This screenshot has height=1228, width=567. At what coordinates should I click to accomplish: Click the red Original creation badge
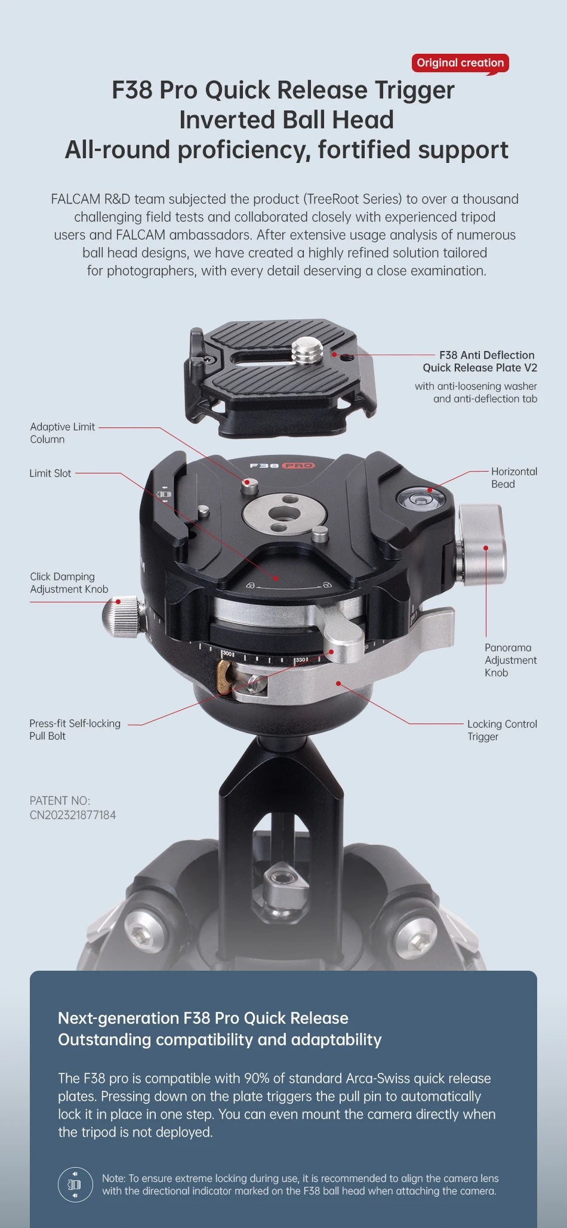pyautogui.click(x=460, y=63)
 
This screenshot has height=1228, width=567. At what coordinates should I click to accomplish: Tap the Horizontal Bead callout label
pyautogui.click(x=514, y=478)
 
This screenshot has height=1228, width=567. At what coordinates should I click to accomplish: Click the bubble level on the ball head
pyautogui.click(x=421, y=497)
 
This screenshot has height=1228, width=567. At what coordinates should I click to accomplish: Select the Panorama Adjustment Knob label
pyautogui.click(x=510, y=660)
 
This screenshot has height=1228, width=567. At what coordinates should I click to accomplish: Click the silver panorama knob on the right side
pyautogui.click(x=482, y=545)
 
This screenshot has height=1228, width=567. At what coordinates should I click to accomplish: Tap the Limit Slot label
pyautogui.click(x=50, y=473)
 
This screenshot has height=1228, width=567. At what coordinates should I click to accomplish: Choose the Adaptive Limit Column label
pyautogui.click(x=63, y=433)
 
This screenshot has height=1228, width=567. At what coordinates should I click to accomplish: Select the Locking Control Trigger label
pyautogui.click(x=502, y=730)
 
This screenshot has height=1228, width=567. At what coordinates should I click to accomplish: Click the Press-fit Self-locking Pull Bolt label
pyautogui.click(x=75, y=730)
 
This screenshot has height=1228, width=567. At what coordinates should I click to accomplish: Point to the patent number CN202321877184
pyautogui.click(x=73, y=815)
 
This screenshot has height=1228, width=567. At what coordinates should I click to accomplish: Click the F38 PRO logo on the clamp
pyautogui.click(x=282, y=466)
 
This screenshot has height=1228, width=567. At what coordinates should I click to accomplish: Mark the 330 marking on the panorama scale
pyautogui.click(x=300, y=660)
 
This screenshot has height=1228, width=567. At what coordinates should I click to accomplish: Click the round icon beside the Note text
pyautogui.click(x=75, y=1184)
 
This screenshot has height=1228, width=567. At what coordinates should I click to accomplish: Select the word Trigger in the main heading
pyautogui.click(x=414, y=90)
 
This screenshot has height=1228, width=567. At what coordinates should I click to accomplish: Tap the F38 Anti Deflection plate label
pyautogui.click(x=480, y=361)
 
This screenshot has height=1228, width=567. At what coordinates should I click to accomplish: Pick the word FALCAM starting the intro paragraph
pyautogui.click(x=75, y=199)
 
